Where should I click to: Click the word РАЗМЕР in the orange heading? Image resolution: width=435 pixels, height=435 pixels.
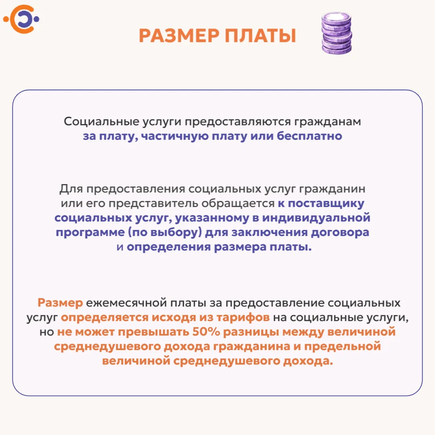pyautogui.click(x=179, y=35)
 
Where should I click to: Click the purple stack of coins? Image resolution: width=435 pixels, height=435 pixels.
pyautogui.click(x=336, y=33)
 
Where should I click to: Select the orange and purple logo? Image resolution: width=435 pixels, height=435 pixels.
pyautogui.click(x=21, y=19)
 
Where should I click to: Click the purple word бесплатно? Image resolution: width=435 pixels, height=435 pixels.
pyautogui.click(x=309, y=136)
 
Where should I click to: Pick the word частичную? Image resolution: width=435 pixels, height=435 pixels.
pyautogui.click(x=175, y=136)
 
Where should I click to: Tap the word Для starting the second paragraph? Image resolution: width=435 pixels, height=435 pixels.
pyautogui.click(x=71, y=189)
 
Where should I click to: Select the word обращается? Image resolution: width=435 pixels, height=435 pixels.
pyautogui.click(x=238, y=204)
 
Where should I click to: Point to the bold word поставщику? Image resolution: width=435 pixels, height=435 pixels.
pyautogui.click(x=326, y=204)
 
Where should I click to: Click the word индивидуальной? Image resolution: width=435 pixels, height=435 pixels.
pyautogui.click(x=316, y=218)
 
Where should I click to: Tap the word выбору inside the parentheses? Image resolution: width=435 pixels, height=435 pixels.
pyautogui.click(x=174, y=232)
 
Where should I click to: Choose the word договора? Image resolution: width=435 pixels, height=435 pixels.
pyautogui.click(x=340, y=232)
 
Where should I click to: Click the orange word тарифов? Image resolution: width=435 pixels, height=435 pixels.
pyautogui.click(x=243, y=317)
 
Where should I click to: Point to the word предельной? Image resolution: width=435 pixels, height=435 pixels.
pyautogui.click(x=343, y=347)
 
